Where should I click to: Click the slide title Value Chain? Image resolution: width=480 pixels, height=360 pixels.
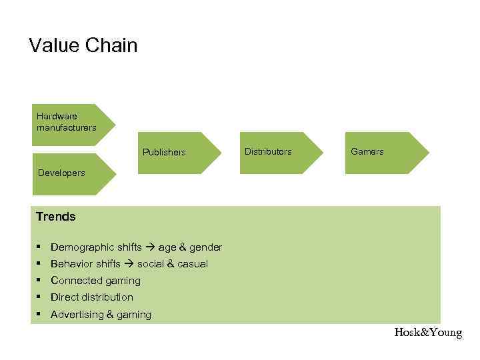coord(83,46)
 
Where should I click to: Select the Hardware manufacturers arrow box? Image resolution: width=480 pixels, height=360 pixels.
coord(69,123)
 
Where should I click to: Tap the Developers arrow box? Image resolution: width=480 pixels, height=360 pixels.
coord(69,173)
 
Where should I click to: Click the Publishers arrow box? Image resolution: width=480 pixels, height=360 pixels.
coord(177,153)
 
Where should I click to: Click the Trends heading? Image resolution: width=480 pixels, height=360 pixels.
coord(56,217)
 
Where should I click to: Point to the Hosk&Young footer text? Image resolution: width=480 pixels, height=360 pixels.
coord(428,333)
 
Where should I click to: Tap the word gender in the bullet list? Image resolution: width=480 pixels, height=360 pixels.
coord(206,247)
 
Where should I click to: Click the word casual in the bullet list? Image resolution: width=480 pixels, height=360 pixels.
coord(191,264)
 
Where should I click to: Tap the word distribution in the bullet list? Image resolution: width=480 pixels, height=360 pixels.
coord(107,297)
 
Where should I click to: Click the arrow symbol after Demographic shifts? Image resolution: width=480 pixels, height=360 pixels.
coord(150,247)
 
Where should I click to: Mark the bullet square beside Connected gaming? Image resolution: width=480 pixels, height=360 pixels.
coord(39,280)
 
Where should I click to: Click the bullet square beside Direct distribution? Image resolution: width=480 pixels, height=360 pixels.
coord(39,297)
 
